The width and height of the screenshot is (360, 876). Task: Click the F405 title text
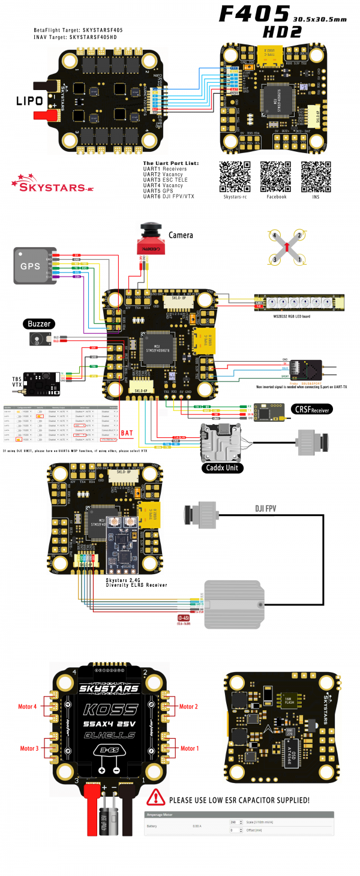click(x=255, y=14)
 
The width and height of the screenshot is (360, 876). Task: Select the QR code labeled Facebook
click(x=276, y=176)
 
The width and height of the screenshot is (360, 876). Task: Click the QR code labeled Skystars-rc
click(x=235, y=176)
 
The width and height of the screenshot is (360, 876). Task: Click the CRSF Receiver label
click(x=312, y=409)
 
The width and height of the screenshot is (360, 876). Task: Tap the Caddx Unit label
click(x=222, y=467)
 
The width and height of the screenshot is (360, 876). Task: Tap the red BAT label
click(x=127, y=432)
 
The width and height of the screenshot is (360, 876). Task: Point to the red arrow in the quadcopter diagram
click(x=287, y=245)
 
